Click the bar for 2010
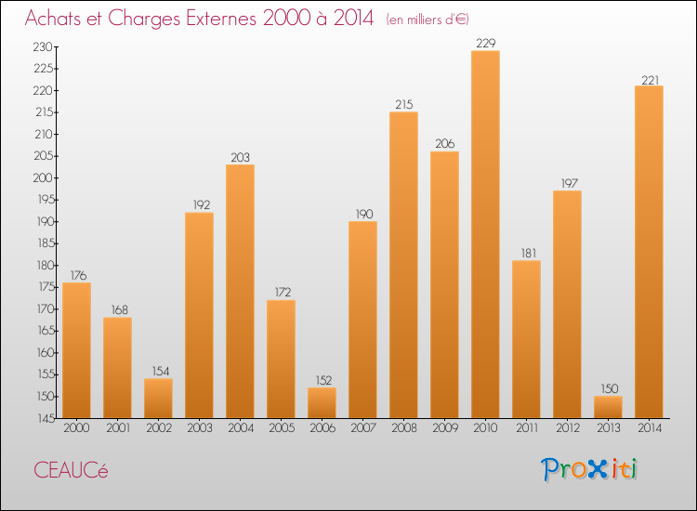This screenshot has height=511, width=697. point(485,234)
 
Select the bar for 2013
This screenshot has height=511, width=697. point(608,407)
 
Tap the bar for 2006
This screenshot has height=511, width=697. point(322,402)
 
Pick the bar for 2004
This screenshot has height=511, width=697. point(240,292)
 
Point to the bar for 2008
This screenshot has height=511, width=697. point(403,265)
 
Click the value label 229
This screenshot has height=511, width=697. point(485,43)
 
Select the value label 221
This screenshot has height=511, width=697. point(649,78)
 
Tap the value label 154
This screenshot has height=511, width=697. point(158,372)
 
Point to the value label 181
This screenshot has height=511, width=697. point(526,253)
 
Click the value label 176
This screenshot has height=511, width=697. point(76,275)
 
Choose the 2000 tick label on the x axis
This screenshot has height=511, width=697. point(76,428)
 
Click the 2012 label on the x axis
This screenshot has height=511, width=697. point(567,428)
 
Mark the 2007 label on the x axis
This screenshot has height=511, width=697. point(362,428)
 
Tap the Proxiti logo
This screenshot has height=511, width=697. point(590,469)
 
